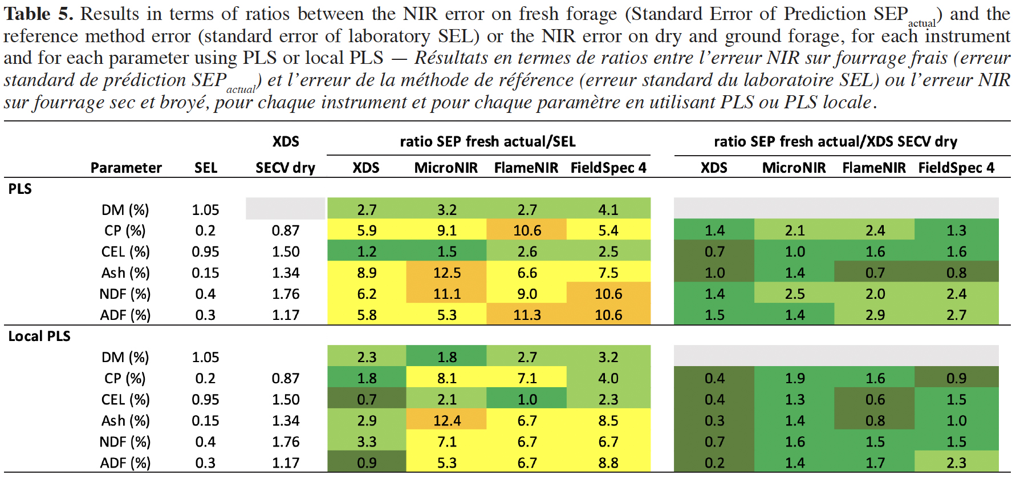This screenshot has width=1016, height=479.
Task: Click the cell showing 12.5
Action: (446, 273)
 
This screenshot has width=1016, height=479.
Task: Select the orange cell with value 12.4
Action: (446, 420)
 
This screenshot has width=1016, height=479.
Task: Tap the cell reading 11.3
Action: (527, 315)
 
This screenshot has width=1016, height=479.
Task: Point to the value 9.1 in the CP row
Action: (446, 230)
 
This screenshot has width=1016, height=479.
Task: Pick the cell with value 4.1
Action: (608, 209)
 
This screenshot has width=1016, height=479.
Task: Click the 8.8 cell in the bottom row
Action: (608, 462)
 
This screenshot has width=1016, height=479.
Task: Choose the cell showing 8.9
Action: (367, 273)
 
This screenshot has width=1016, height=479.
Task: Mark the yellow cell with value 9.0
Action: (527, 294)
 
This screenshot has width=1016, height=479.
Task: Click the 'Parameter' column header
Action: (126, 168)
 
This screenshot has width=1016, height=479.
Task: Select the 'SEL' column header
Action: (206, 168)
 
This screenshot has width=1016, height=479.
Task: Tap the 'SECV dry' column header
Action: (285, 168)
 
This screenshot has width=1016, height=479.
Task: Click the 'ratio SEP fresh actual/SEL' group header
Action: (488, 141)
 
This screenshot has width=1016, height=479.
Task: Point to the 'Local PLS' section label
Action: (39, 336)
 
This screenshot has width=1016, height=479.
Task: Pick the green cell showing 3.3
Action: (367, 441)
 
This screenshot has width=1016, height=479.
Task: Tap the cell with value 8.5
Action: (608, 420)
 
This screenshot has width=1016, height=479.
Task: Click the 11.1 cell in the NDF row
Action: (446, 294)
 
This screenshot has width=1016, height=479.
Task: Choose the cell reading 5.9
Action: (367, 230)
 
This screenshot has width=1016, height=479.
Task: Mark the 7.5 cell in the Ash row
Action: (608, 273)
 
